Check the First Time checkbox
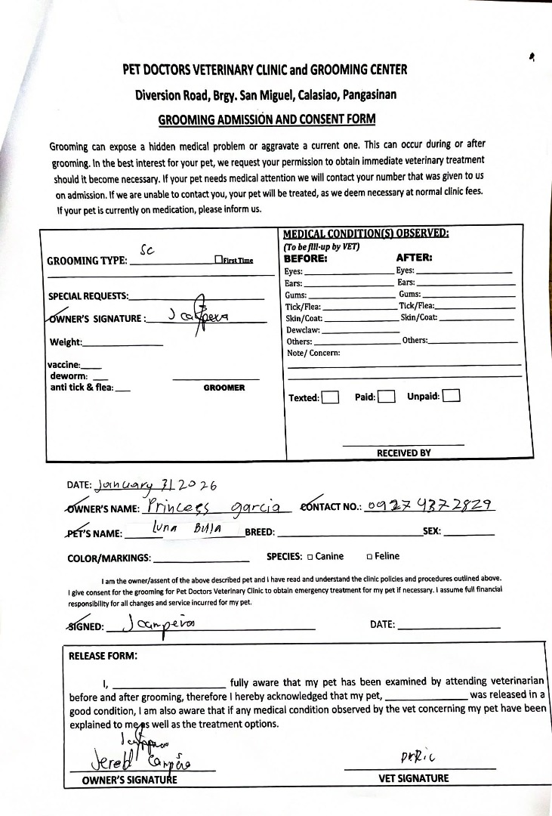click(217, 261)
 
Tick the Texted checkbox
click(330, 397)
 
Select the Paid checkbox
click(386, 397)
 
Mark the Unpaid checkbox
click(452, 396)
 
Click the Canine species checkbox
click(310, 557)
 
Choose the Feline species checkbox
click(369, 557)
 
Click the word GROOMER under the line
click(224, 388)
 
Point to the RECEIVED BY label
click(404, 453)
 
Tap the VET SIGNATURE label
click(412, 778)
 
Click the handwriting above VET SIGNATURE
click(415, 757)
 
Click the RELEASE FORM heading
click(103, 656)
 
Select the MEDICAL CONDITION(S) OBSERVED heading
click(365, 233)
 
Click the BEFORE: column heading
click(305, 258)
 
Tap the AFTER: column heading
click(414, 258)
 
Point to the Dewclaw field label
click(303, 330)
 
